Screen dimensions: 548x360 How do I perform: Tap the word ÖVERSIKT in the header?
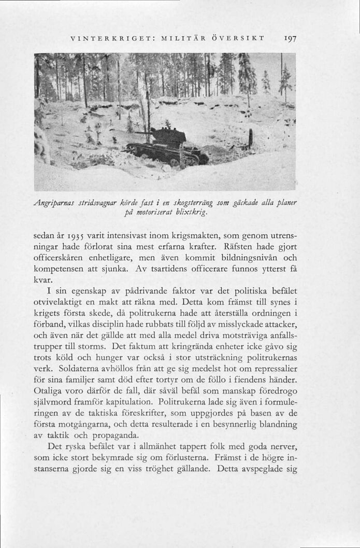[242, 37]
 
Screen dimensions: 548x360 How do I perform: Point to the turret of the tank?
[168, 137]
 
